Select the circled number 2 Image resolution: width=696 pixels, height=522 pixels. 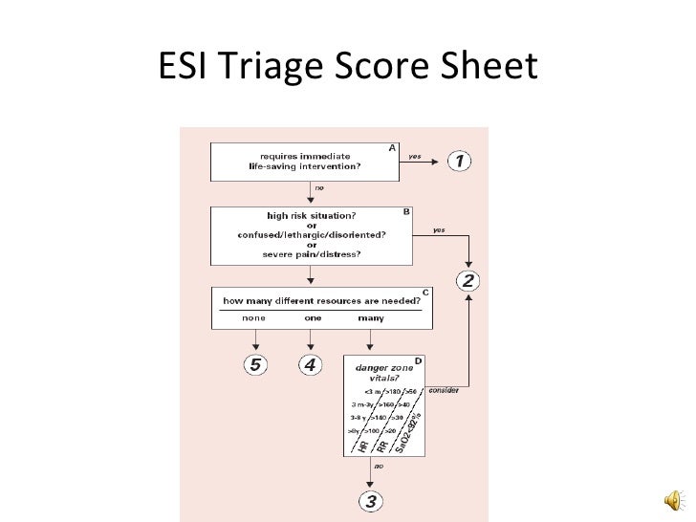[x=468, y=281]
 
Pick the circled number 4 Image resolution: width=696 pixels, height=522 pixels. [x=310, y=364]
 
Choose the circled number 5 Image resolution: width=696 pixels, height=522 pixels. [x=255, y=364]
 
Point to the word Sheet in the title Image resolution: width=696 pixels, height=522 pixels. [x=486, y=67]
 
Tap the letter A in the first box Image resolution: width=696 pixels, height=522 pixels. [x=391, y=147]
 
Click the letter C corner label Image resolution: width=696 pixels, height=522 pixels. [x=424, y=292]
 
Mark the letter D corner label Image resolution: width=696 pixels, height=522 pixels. [x=417, y=359]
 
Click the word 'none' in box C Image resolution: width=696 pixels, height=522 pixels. [x=254, y=317]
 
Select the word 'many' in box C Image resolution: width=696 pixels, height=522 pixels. [x=371, y=317]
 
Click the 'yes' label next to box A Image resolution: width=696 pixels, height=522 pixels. [x=414, y=155]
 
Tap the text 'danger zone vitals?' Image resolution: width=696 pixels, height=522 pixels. [x=376, y=372]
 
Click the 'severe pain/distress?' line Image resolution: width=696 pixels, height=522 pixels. [x=311, y=252]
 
